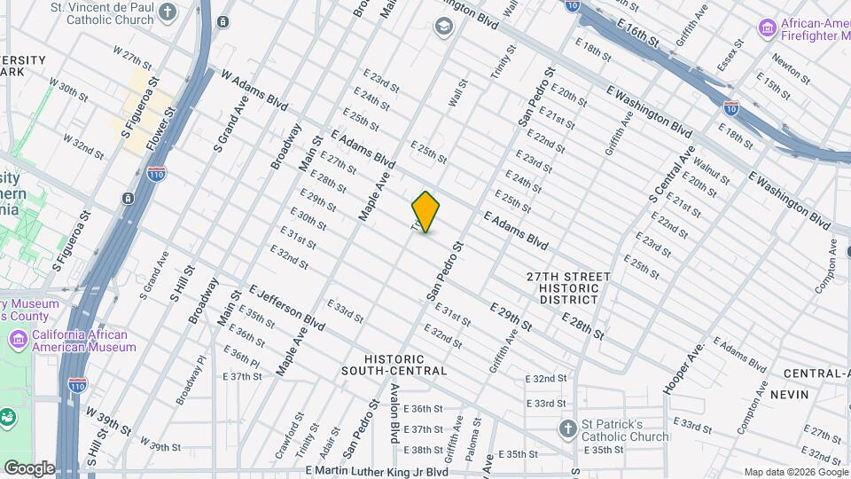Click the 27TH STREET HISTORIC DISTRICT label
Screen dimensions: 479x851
[x=568, y=288]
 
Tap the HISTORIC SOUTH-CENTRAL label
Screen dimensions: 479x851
[x=393, y=364]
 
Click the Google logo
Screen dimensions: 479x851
[x=29, y=467]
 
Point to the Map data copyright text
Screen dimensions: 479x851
[x=794, y=472]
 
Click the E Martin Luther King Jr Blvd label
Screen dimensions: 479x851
[x=377, y=471]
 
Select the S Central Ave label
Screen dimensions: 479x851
[x=672, y=180]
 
